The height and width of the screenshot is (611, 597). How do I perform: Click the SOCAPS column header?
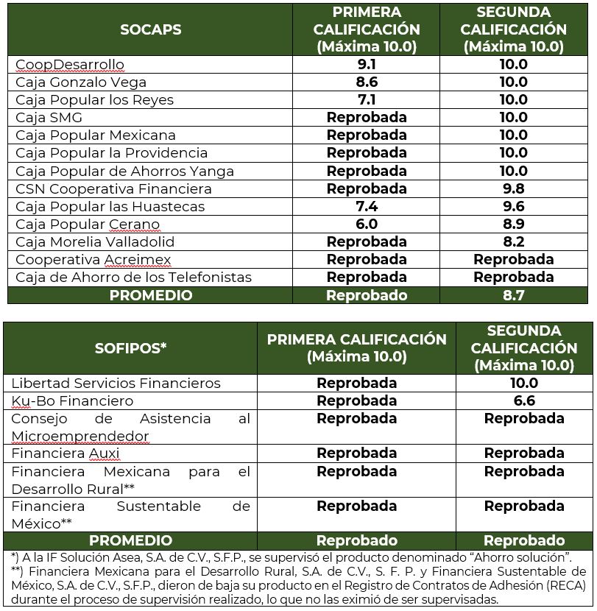point(150,29)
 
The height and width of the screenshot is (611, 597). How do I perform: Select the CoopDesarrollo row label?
point(70,65)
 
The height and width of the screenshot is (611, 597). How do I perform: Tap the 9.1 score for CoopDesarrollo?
point(366,65)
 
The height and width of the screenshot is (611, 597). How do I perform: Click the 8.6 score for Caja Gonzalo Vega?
point(366,82)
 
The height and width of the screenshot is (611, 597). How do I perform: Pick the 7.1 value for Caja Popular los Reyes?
point(366,100)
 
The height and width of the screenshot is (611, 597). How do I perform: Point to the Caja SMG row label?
point(49,118)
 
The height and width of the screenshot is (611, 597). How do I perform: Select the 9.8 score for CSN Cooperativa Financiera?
point(513,188)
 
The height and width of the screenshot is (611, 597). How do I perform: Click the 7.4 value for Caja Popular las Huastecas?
point(366,206)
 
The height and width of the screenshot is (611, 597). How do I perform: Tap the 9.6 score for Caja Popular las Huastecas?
point(513,206)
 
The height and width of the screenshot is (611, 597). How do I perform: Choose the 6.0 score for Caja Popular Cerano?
point(366,225)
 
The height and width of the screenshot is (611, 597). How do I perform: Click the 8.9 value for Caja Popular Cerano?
point(513,225)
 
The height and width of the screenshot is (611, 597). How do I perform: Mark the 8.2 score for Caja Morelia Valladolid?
point(513,242)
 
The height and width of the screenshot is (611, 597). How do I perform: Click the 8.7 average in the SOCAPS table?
point(513,295)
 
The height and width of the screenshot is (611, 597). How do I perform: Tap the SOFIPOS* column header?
point(131,348)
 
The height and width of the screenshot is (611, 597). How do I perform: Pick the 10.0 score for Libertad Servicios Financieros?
point(523,384)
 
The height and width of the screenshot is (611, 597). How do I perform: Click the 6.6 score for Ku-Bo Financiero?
point(523,401)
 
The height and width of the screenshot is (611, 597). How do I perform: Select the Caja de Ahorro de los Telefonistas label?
point(133,278)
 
